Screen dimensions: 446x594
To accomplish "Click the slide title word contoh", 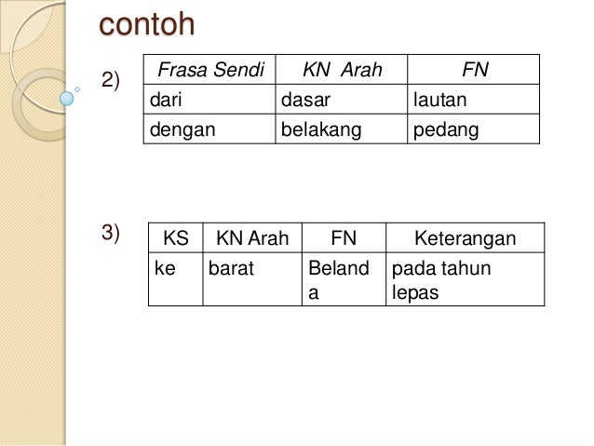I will click(148, 24).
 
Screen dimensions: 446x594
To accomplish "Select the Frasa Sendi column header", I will click(209, 70).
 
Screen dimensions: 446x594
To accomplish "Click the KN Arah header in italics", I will click(342, 70).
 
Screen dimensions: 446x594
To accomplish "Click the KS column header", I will click(175, 238).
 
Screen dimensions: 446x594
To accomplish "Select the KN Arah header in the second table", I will click(251, 238).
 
